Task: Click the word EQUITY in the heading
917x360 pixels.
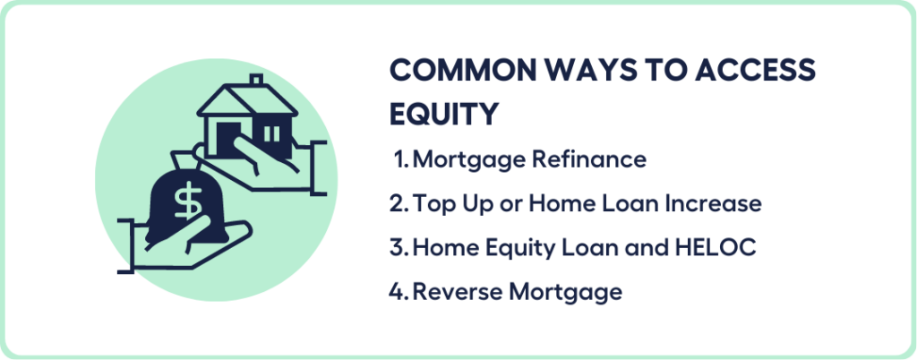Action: coord(444,115)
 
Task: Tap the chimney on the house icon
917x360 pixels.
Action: coord(256,81)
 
